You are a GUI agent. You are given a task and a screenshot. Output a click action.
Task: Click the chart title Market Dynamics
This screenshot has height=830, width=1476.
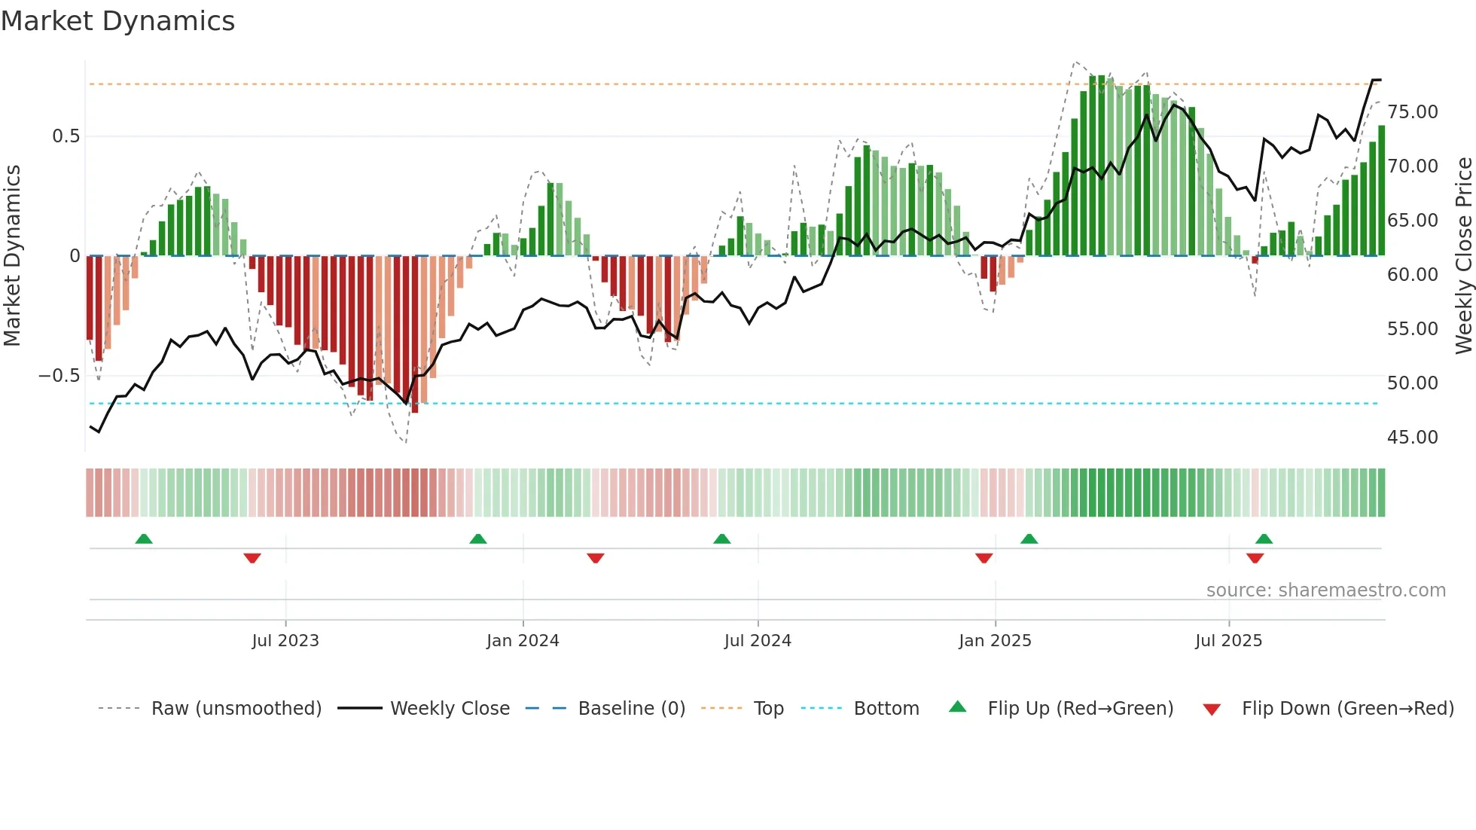(117, 21)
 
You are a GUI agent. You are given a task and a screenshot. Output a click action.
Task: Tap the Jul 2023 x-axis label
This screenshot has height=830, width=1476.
(285, 641)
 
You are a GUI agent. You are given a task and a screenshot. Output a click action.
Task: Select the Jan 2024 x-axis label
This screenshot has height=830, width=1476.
(523, 641)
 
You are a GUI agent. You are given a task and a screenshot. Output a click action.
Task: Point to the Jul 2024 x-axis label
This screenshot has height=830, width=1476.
(758, 641)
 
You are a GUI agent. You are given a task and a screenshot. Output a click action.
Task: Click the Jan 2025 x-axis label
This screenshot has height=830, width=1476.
(995, 641)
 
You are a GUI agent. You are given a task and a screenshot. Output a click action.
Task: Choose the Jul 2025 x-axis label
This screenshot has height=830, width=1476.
(1228, 641)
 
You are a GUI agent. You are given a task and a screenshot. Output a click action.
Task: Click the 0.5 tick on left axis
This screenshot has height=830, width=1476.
(66, 136)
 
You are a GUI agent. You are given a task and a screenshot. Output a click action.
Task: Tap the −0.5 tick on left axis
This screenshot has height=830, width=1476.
(59, 376)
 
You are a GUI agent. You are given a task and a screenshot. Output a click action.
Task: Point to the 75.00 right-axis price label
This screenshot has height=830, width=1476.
(1412, 112)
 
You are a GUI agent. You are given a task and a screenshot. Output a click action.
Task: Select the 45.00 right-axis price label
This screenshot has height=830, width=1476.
(1412, 438)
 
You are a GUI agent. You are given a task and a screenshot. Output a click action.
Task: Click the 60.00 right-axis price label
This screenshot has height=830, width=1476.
(1412, 275)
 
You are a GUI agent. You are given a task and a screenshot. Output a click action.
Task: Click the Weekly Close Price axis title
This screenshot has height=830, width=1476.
(1463, 256)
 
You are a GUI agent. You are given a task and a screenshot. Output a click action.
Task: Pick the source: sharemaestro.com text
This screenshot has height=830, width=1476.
(1325, 590)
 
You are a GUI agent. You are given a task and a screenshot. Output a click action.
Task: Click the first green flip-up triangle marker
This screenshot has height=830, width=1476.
(144, 539)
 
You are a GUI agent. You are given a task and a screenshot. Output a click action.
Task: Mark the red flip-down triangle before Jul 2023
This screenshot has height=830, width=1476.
(252, 558)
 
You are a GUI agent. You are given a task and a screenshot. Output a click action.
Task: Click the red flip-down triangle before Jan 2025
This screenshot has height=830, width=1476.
(983, 558)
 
